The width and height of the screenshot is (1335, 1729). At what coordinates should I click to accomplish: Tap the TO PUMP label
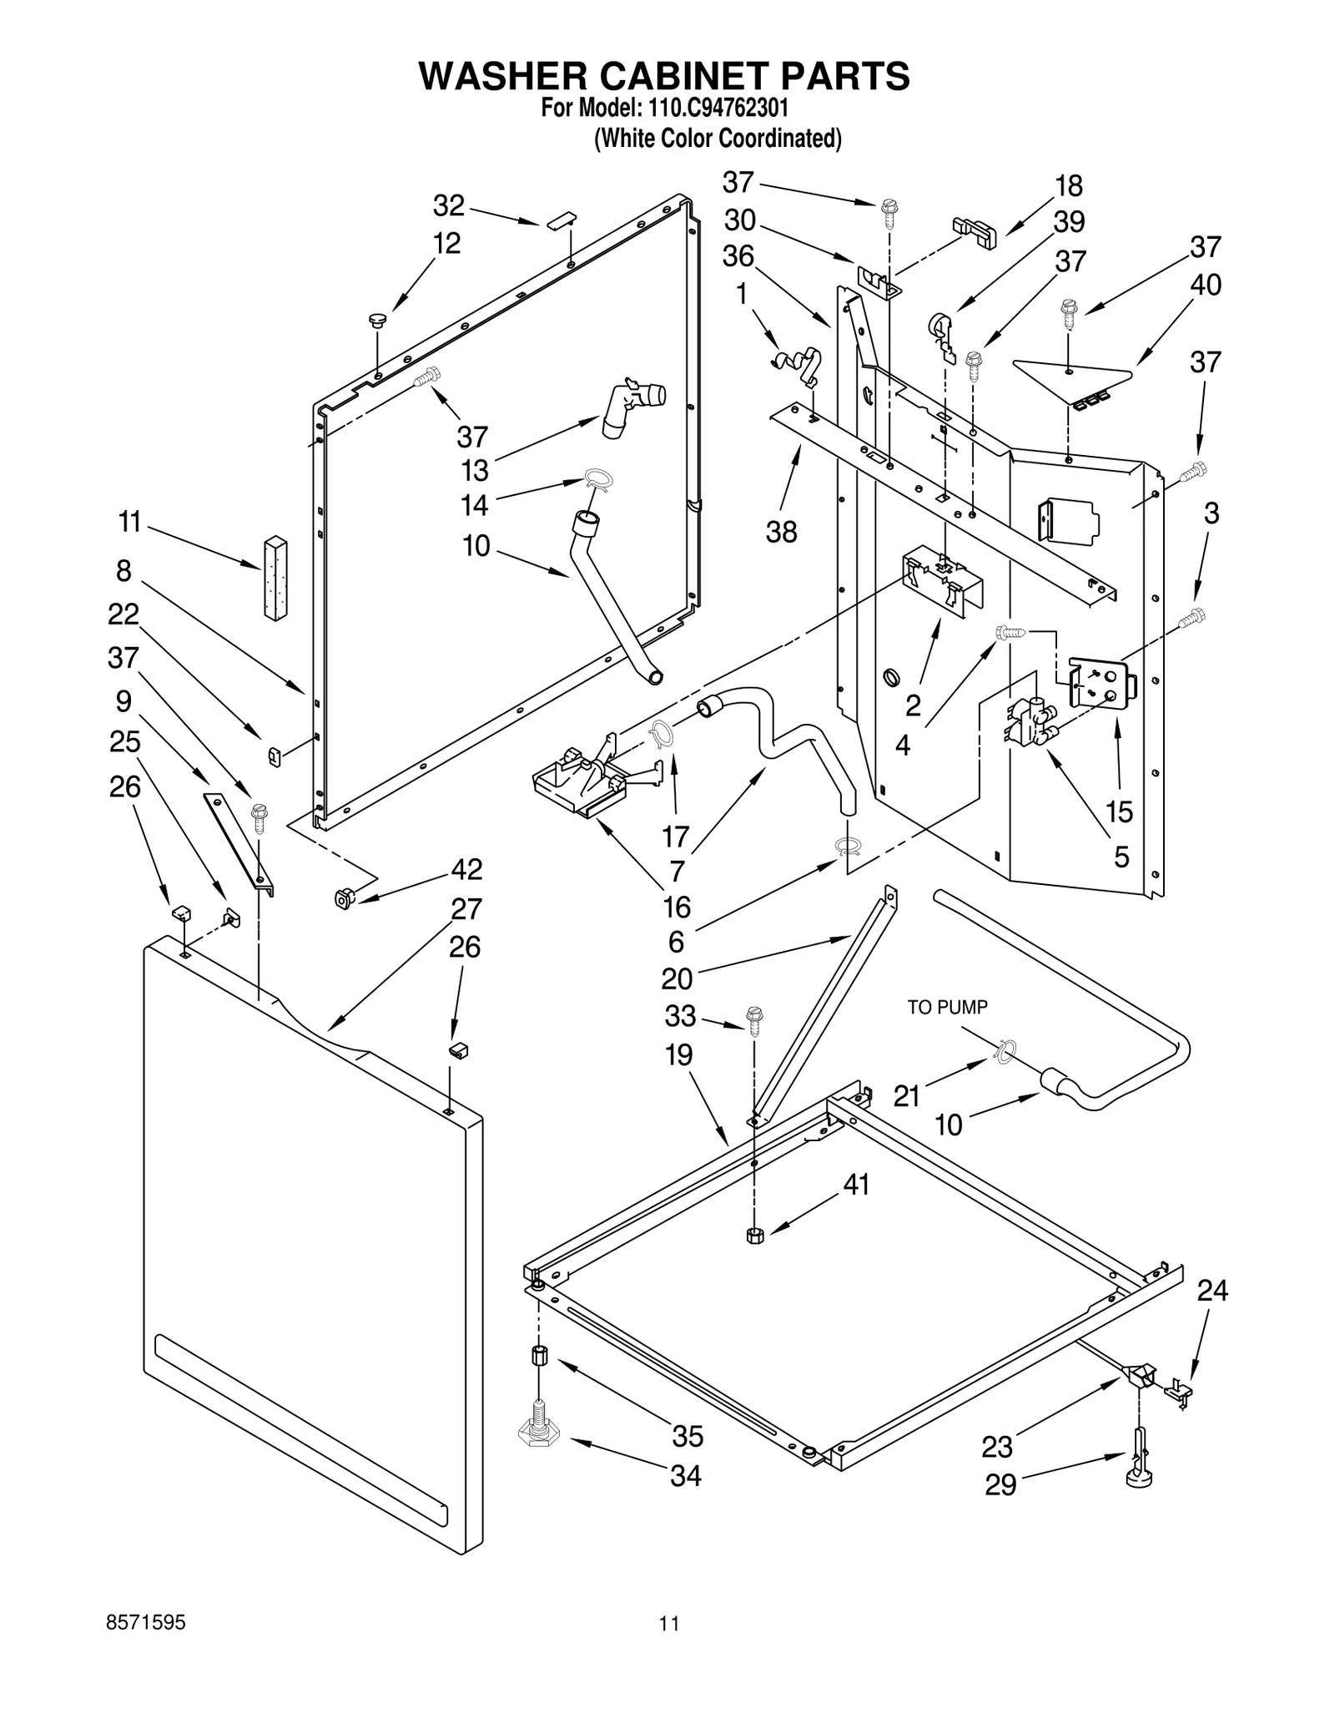point(947,1008)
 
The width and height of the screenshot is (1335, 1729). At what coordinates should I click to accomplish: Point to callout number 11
point(129,523)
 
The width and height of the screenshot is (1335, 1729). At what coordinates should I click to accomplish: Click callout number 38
point(781,532)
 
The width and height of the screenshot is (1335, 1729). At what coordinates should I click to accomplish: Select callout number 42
point(466,869)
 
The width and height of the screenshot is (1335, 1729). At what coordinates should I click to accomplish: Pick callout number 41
point(856,1184)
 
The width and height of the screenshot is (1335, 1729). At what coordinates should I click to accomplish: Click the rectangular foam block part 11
point(275,577)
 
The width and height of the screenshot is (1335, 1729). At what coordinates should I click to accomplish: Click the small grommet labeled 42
point(342,898)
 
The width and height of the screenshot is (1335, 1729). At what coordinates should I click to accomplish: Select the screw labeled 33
point(755,1019)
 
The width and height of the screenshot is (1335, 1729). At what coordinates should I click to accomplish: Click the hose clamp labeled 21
point(1005,1052)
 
